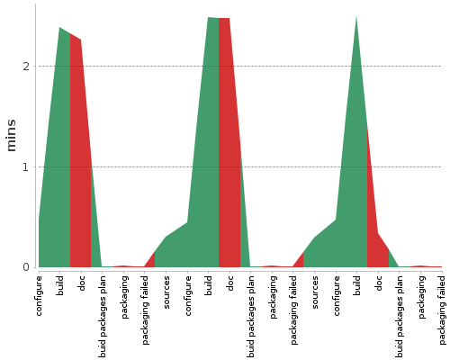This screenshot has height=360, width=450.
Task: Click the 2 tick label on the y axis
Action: (26, 66)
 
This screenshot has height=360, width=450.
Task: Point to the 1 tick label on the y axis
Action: (26, 166)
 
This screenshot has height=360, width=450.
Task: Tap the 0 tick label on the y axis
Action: (26, 267)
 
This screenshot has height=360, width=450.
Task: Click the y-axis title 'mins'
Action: (11, 135)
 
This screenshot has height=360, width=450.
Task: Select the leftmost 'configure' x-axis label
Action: (40, 295)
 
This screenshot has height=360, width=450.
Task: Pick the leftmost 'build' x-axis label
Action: (61, 285)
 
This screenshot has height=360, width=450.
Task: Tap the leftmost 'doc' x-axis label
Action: (82, 283)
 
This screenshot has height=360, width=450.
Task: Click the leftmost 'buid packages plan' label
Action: (103, 316)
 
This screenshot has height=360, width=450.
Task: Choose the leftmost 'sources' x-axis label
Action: (166, 292)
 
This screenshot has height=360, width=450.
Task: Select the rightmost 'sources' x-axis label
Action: (315, 292)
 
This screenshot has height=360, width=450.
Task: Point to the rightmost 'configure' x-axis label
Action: (337, 295)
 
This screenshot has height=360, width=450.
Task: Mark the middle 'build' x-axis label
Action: (209, 285)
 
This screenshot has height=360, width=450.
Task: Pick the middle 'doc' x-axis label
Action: (230, 283)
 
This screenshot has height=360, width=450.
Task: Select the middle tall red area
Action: (229, 144)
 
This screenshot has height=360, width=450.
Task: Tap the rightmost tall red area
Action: (372, 216)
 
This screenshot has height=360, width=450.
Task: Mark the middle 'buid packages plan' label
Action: (252, 316)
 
